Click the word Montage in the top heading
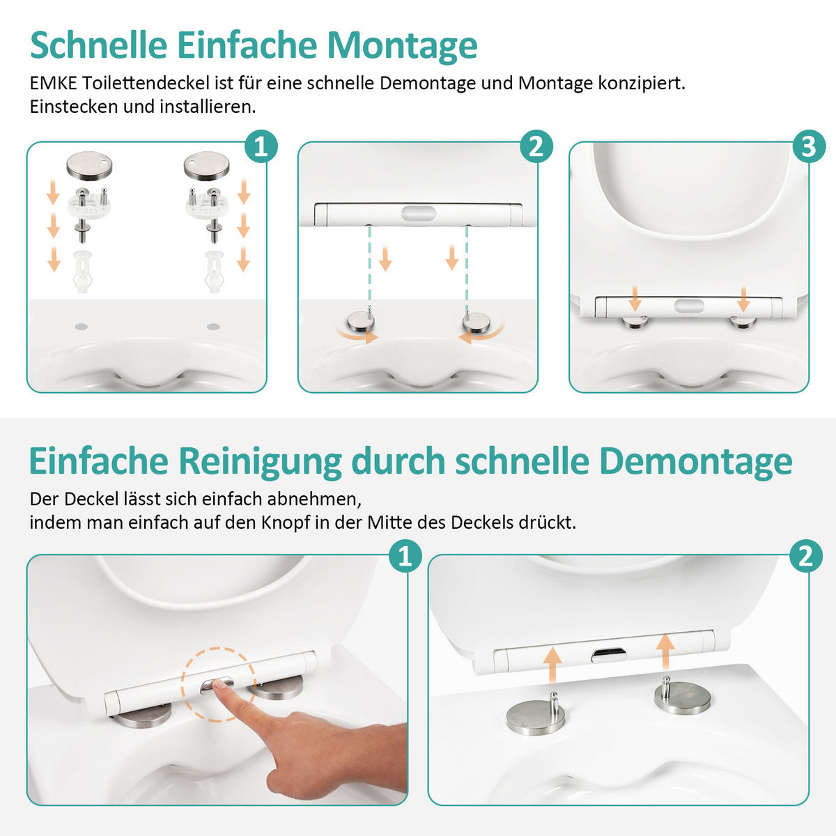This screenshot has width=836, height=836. [402, 46]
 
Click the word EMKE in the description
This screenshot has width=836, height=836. [53, 84]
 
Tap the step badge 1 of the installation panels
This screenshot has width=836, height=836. [261, 147]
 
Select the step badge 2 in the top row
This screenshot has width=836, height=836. [536, 147]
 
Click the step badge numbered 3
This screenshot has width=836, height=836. [808, 147]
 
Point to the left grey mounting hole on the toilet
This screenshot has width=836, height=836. [80, 326]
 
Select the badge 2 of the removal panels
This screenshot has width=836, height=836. [806, 556]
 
